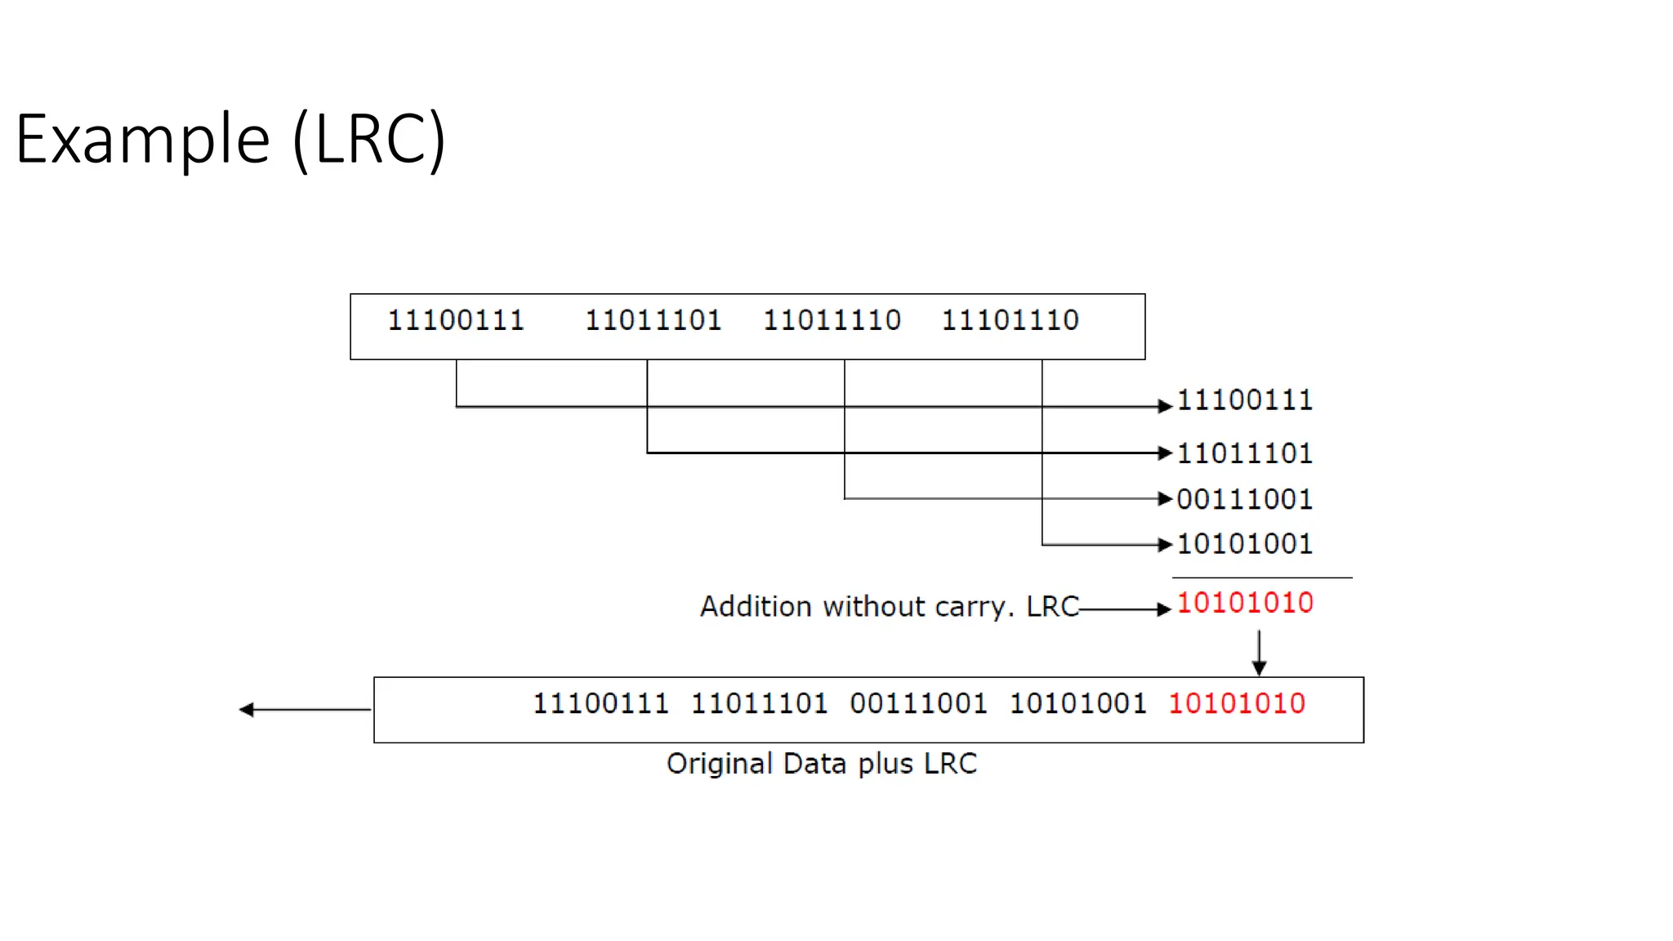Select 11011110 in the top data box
tap(832, 320)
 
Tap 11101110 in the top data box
tap(1010, 320)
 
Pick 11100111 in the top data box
tap(456, 320)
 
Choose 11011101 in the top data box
tap(654, 320)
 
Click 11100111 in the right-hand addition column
tap(1245, 400)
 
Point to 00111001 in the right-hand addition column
tap(1245, 499)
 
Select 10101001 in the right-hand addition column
tap(1245, 544)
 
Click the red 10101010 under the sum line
tap(1245, 604)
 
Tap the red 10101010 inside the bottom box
tap(1237, 703)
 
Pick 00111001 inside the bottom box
tap(918, 703)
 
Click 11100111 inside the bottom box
tap(600, 703)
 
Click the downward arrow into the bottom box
tap(1259, 653)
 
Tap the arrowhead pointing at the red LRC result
tap(1165, 609)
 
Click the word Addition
tap(756, 607)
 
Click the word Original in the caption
tap(720, 764)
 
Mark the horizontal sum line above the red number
tap(1262, 578)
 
